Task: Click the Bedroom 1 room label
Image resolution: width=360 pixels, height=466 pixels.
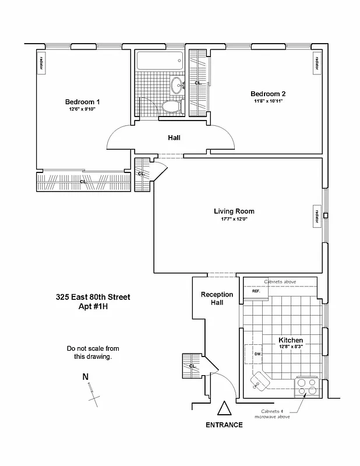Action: pyautogui.click(x=82, y=102)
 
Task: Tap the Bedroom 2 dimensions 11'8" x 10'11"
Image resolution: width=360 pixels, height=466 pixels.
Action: pyautogui.click(x=268, y=101)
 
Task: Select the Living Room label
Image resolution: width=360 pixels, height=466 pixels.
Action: pyautogui.click(x=234, y=211)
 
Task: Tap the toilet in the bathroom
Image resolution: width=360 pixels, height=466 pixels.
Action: pyautogui.click(x=170, y=107)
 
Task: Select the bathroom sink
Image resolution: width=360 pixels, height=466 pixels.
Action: pyautogui.click(x=177, y=85)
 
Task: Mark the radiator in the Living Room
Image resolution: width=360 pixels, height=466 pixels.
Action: pyautogui.click(x=316, y=216)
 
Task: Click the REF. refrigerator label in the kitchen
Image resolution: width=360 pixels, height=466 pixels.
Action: pyautogui.click(x=255, y=290)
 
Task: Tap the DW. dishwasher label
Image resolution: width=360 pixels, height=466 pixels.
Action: pyautogui.click(x=257, y=354)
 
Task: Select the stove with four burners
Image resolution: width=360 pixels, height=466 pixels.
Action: pyautogui.click(x=307, y=386)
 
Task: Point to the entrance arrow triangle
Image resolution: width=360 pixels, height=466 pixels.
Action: pyautogui.click(x=224, y=409)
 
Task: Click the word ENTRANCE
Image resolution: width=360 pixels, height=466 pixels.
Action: pyautogui.click(x=224, y=425)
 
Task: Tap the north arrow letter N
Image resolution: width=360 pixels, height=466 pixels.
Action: pyautogui.click(x=86, y=377)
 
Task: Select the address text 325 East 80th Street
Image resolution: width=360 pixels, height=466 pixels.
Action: pyautogui.click(x=93, y=297)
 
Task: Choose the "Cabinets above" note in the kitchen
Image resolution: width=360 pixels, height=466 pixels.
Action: pyautogui.click(x=280, y=281)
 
